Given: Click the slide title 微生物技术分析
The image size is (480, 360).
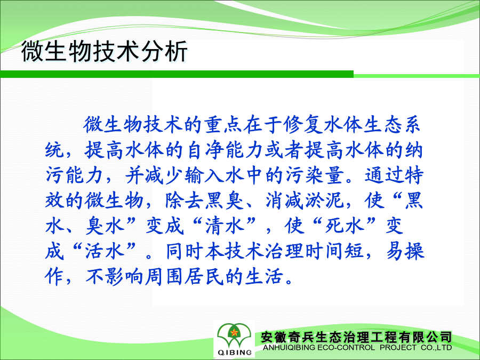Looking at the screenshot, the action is point(104,51).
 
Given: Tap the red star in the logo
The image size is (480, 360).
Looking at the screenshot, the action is point(234,332).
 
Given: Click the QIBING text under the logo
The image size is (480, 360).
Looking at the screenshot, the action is point(235,353).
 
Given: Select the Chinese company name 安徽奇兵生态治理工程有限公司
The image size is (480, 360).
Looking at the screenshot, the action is point(356,338).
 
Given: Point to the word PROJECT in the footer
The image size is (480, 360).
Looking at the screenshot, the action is point(398,347).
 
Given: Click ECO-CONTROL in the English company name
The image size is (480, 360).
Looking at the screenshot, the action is point(346,347).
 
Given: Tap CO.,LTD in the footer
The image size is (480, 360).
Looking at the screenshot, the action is point(436,347).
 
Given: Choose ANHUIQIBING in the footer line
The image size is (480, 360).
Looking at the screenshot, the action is point(289,347).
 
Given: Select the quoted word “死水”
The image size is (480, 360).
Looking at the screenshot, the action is point(345,226).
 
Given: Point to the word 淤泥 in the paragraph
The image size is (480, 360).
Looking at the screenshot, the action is point(325,201).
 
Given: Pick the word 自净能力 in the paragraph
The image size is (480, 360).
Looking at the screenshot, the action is point(225,150).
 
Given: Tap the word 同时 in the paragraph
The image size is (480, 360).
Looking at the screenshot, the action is point(185,251).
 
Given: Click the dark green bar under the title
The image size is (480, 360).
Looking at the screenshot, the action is point(177,74).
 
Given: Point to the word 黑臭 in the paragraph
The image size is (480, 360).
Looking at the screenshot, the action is point(225,201).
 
